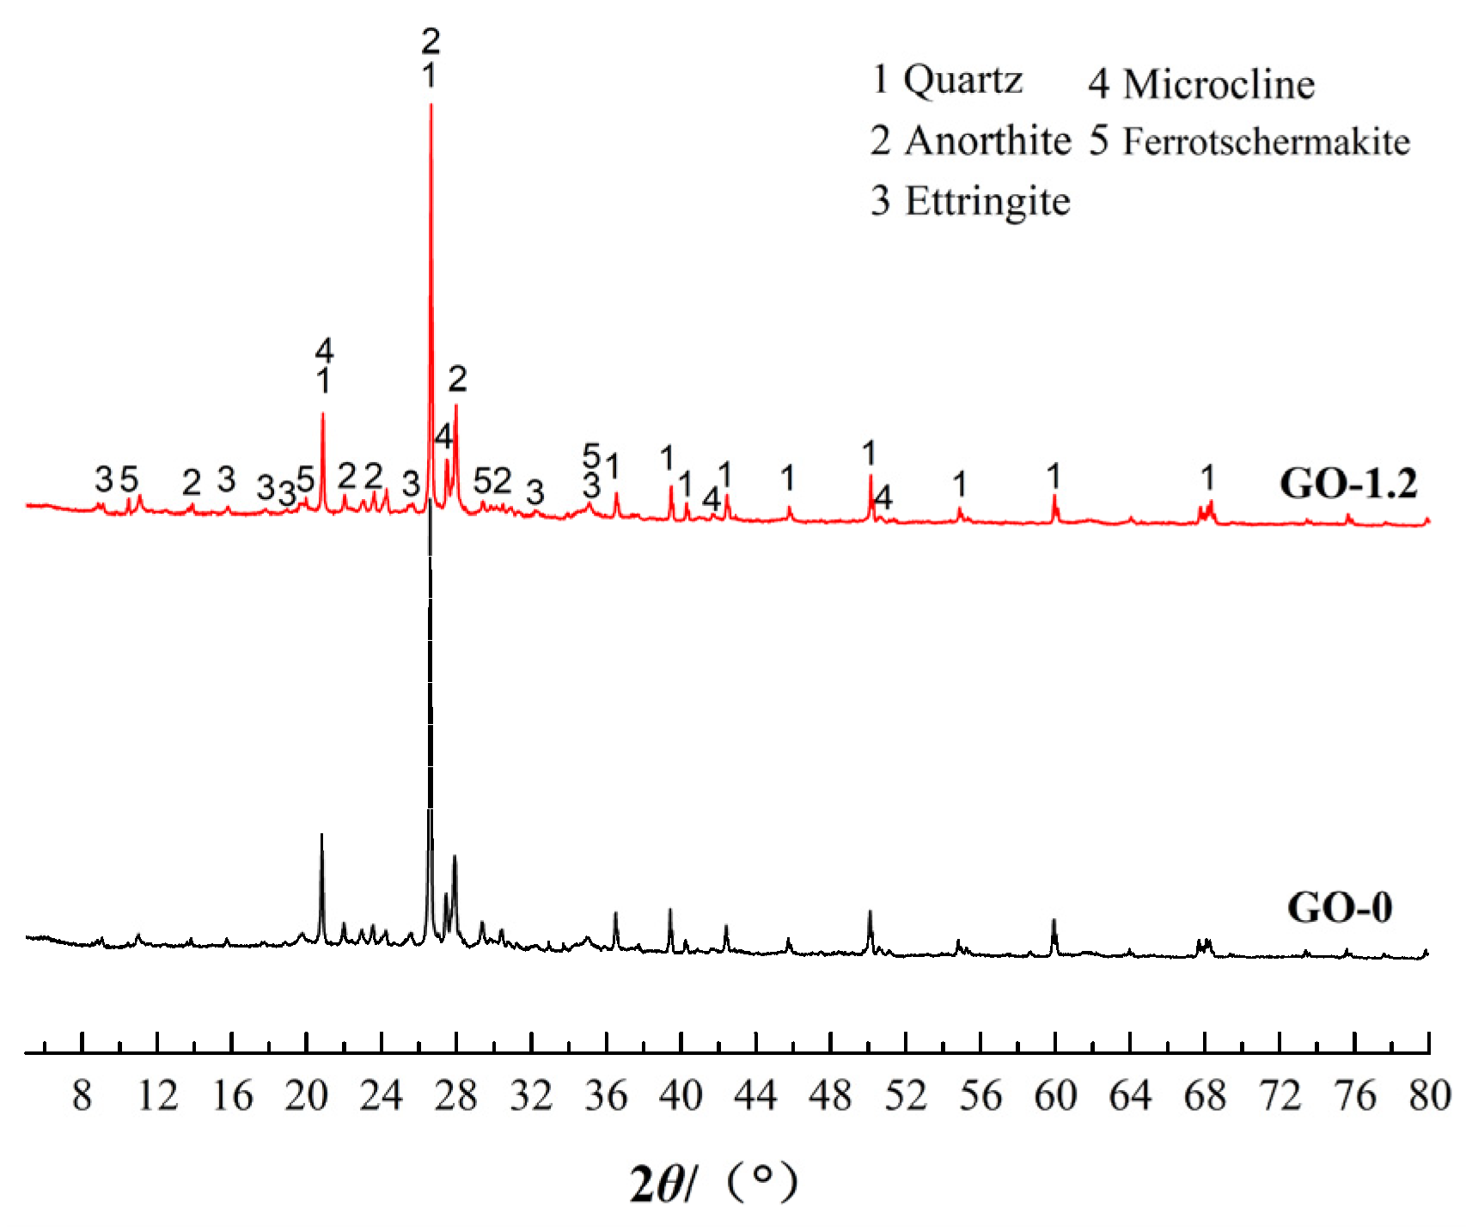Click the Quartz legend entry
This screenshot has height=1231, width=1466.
947,80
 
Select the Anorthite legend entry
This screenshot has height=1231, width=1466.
971,141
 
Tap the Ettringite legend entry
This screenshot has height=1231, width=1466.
971,201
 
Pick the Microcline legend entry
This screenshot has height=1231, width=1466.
1201,84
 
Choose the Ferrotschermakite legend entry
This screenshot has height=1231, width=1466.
1249,142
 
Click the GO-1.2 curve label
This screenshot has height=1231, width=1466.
1347,484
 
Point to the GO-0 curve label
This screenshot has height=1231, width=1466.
1339,907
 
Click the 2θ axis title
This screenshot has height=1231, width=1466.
713,1183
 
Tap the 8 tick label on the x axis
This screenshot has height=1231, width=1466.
82,1096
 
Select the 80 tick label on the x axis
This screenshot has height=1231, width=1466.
1429,1096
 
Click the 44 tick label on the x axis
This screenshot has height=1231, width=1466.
755,1096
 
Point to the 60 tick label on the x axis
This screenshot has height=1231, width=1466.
1055,1096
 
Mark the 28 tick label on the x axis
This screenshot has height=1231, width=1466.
455,1096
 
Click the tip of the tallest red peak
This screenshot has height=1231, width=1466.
431,105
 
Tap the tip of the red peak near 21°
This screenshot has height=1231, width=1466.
323,414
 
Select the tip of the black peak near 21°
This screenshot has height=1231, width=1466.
321,835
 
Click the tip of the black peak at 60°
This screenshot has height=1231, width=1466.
1054,920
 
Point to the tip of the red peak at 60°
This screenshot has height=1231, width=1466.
1054,496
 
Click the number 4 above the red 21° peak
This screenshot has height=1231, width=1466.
324,350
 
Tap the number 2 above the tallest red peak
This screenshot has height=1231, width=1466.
431,40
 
